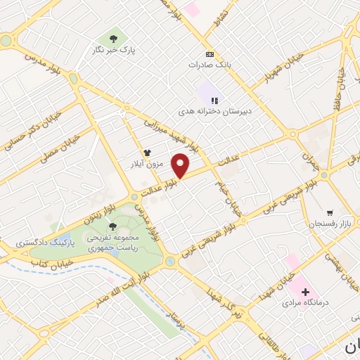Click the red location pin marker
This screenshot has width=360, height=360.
(181, 166)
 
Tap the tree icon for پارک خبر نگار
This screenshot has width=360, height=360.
(113, 38)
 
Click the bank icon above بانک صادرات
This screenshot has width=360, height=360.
(209, 53)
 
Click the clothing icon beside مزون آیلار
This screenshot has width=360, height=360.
(147, 152)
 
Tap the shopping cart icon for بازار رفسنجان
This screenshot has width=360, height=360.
(329, 212)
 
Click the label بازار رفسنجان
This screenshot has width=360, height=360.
(328, 224)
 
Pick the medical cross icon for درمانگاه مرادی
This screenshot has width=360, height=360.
(304, 291)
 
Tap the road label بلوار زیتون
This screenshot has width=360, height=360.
(98, 214)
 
